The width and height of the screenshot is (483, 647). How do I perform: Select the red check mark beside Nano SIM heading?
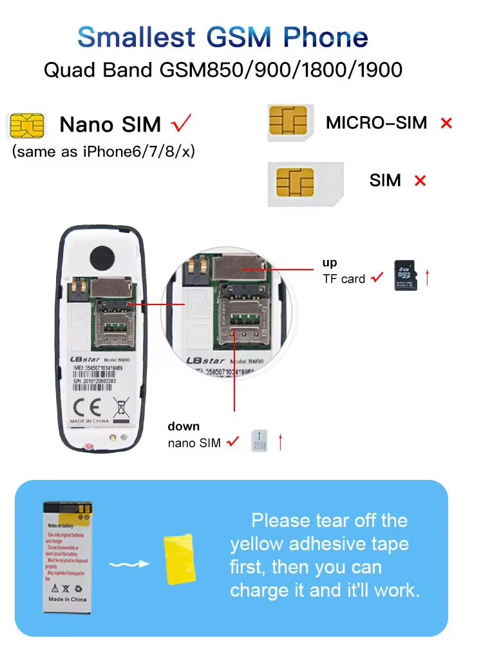click(181, 123)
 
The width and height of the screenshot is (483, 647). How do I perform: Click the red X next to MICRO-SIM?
click(446, 123)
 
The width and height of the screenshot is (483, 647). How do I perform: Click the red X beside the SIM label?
click(421, 181)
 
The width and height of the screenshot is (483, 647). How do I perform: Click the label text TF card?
click(344, 279)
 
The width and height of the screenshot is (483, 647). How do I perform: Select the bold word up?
click(330, 263)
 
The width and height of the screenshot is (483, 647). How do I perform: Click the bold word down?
click(184, 426)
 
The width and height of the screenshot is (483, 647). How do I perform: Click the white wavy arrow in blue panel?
click(129, 564)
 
